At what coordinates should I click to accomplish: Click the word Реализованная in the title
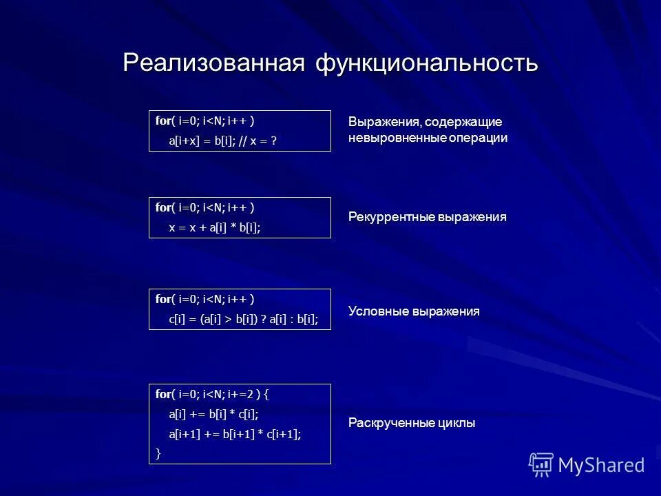coord(213,63)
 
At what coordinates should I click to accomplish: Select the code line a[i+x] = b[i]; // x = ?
coord(223,141)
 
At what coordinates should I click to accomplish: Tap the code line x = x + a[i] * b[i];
coord(215,227)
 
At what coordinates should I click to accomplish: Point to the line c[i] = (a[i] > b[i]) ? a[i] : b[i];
coord(244,319)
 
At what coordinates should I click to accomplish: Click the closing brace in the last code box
coord(158,453)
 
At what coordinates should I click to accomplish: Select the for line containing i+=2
coord(212,394)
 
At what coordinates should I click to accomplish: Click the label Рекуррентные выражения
coord(427,217)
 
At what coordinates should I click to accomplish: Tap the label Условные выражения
coord(413,311)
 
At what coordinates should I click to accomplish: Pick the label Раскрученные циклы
coord(411,423)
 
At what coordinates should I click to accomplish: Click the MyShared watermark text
coord(601,465)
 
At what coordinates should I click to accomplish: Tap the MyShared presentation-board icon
coord(541,464)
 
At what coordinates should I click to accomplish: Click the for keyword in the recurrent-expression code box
coord(162,207)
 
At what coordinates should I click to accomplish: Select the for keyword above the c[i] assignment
coord(162,299)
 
